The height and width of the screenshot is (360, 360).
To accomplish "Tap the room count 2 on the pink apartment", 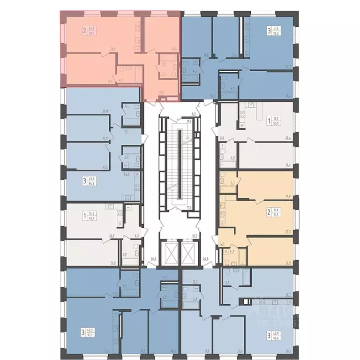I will pos(84,31).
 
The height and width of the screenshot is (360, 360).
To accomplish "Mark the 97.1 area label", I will pos(91,336).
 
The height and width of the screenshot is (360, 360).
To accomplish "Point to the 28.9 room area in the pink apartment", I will pos(112,48).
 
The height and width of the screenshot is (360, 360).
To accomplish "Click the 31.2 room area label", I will pos(107,351).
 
